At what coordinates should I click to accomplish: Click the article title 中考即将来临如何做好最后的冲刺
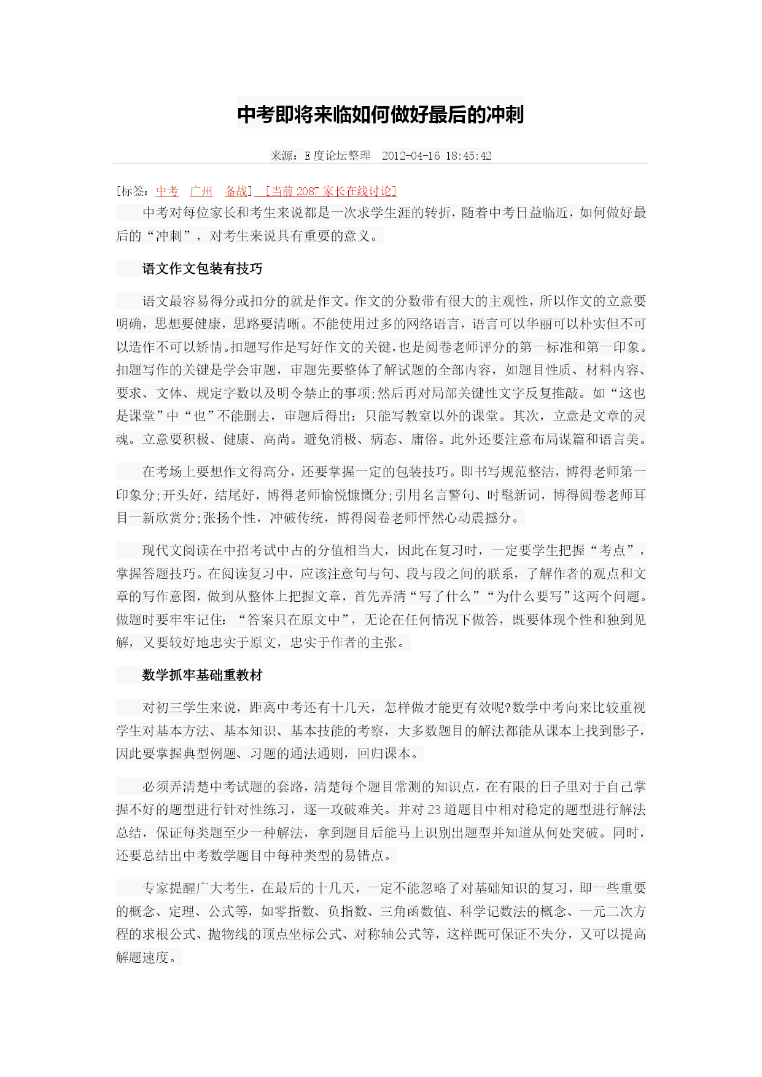click(x=380, y=115)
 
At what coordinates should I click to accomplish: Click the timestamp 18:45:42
click(x=468, y=156)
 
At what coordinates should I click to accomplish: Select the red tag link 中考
click(x=167, y=191)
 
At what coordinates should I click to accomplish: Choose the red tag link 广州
click(x=201, y=191)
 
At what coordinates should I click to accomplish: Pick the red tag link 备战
click(x=236, y=191)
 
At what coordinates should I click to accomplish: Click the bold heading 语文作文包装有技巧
click(x=202, y=268)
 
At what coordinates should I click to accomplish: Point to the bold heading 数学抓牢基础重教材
click(x=202, y=675)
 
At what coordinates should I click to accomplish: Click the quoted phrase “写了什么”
click(x=441, y=596)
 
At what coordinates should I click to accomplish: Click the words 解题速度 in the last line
click(x=142, y=957)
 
